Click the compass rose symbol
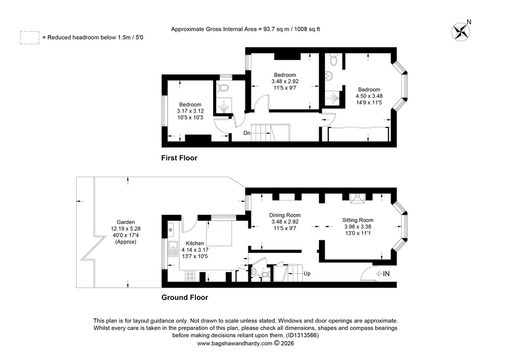click(x=461, y=32)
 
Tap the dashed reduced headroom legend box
click(x=30, y=38)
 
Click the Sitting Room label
click(x=358, y=220)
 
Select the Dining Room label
click(x=285, y=215)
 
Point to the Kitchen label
click(x=195, y=243)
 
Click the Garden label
click(x=126, y=223)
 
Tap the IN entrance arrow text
click(x=383, y=274)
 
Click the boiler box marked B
click(x=171, y=230)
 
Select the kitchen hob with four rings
click(x=190, y=276)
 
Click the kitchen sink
click(x=173, y=249)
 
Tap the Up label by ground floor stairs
click(x=307, y=273)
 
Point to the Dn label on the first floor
click(x=247, y=133)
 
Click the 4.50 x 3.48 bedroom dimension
click(x=369, y=96)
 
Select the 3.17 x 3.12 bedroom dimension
click(x=190, y=111)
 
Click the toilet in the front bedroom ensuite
click(x=333, y=60)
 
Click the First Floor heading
click(x=179, y=158)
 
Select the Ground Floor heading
click(x=185, y=298)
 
